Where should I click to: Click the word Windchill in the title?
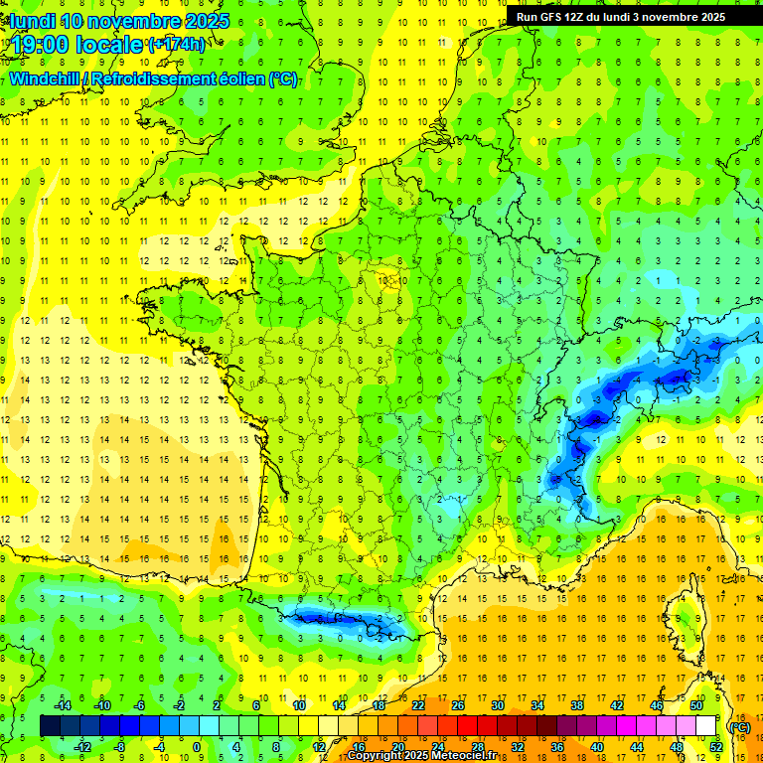[x=43, y=78]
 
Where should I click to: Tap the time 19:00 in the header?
[x=41, y=44]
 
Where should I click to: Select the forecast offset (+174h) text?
[x=176, y=44]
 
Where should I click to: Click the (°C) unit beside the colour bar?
[x=738, y=726]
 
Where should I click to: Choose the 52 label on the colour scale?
[x=716, y=747]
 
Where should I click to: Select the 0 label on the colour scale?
[x=196, y=747]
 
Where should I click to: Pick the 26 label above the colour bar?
[x=458, y=705]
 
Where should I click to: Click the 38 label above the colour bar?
[x=576, y=705]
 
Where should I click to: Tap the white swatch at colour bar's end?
[x=705, y=726]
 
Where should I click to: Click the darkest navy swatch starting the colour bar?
[x=50, y=726]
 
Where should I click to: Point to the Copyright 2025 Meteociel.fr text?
[x=421, y=756]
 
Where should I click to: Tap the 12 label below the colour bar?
[x=319, y=747]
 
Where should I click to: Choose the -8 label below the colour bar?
[x=120, y=747]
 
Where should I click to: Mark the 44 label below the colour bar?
[x=636, y=747]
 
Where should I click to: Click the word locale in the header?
[x=108, y=44]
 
